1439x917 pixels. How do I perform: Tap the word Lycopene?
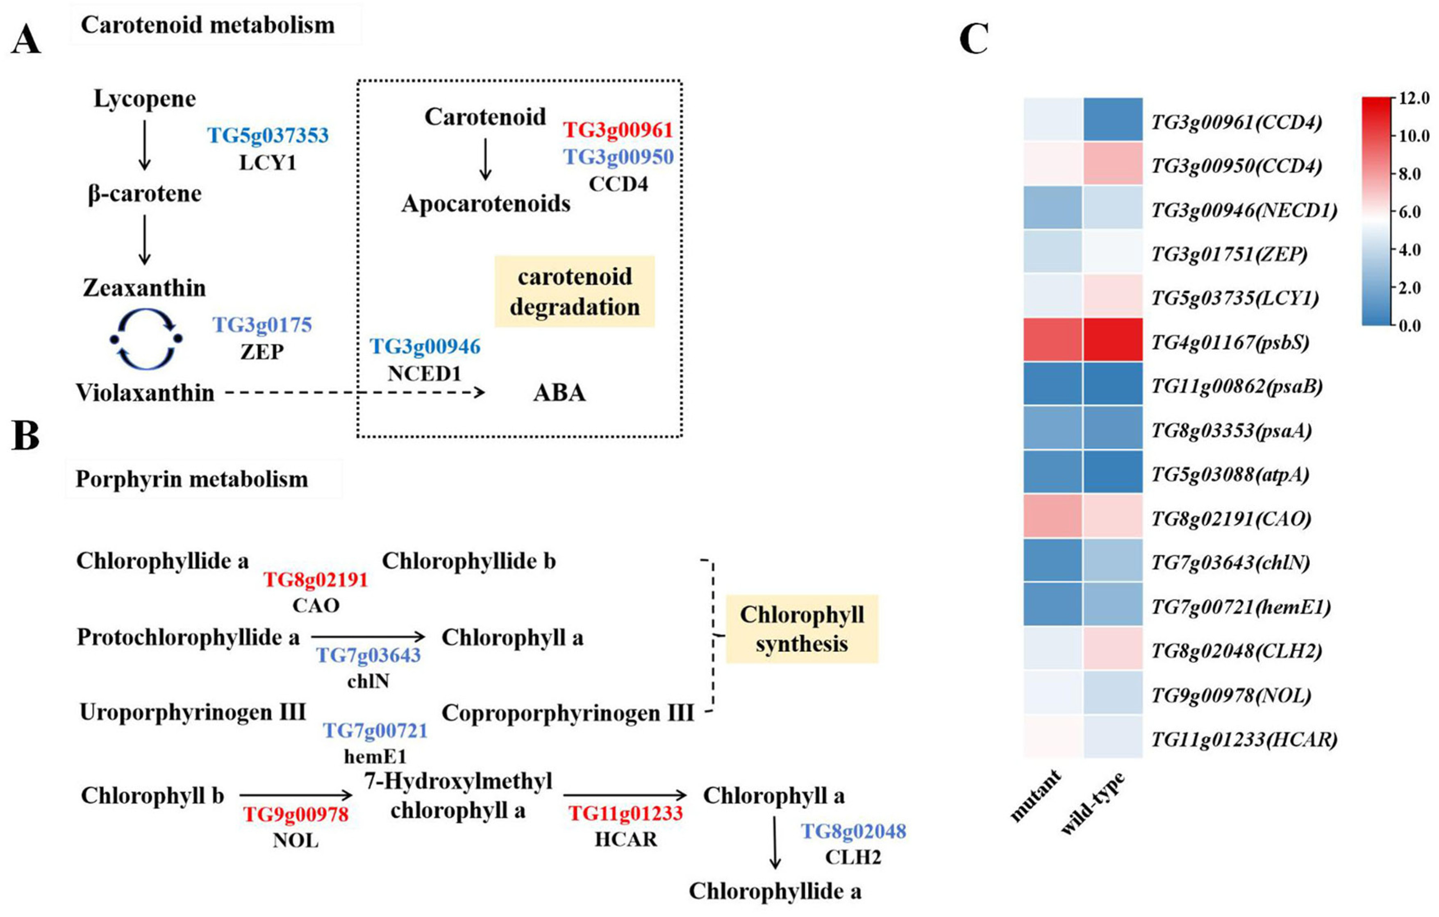tap(145, 99)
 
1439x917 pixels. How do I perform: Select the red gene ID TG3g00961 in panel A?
tap(618, 129)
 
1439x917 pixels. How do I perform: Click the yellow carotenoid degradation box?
tap(574, 291)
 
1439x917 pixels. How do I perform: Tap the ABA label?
tap(559, 393)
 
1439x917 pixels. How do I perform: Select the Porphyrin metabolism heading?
tap(192, 479)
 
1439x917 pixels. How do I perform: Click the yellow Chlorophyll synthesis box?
tap(801, 629)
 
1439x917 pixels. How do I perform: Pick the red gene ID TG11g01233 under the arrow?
tap(625, 813)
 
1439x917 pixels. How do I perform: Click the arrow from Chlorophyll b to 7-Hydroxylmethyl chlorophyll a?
tap(296, 795)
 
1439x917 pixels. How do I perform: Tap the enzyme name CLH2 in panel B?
tap(853, 857)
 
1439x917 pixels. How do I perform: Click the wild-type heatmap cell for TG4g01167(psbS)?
tap(1113, 341)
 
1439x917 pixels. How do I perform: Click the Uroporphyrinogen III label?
tap(192, 712)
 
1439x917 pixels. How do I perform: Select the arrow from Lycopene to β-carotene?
tap(144, 145)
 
